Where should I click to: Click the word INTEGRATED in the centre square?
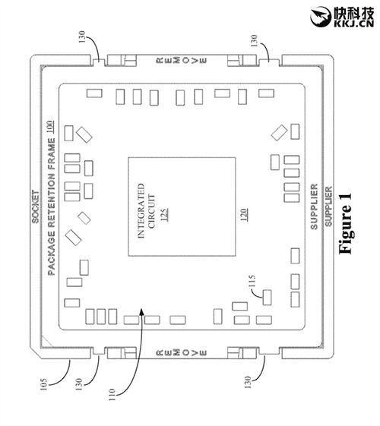[141, 210]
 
